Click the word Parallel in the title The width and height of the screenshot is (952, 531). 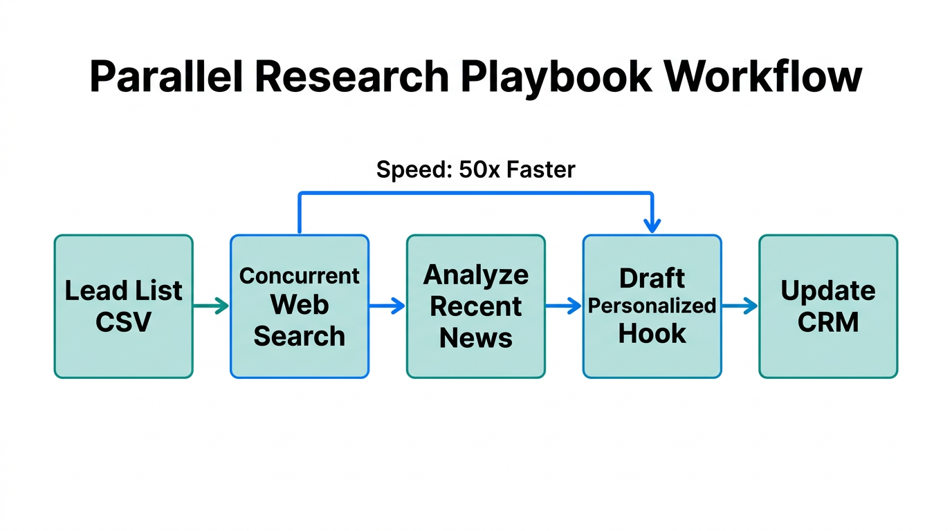166,76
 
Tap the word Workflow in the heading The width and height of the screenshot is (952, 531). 764,76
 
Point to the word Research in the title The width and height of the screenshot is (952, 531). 351,76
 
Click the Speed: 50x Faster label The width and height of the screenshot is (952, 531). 475,169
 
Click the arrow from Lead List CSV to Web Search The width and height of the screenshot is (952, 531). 211,306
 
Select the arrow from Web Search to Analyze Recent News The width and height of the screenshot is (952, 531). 387,306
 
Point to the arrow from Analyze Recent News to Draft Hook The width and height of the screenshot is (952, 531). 563,306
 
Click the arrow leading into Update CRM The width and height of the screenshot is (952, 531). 740,306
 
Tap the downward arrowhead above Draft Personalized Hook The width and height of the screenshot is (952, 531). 652,225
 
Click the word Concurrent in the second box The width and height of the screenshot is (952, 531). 299,275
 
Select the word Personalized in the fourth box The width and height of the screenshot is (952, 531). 652,306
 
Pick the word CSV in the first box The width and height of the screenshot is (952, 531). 123,322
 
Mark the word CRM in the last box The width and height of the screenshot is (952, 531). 827,322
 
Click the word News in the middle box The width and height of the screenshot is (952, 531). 475,337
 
